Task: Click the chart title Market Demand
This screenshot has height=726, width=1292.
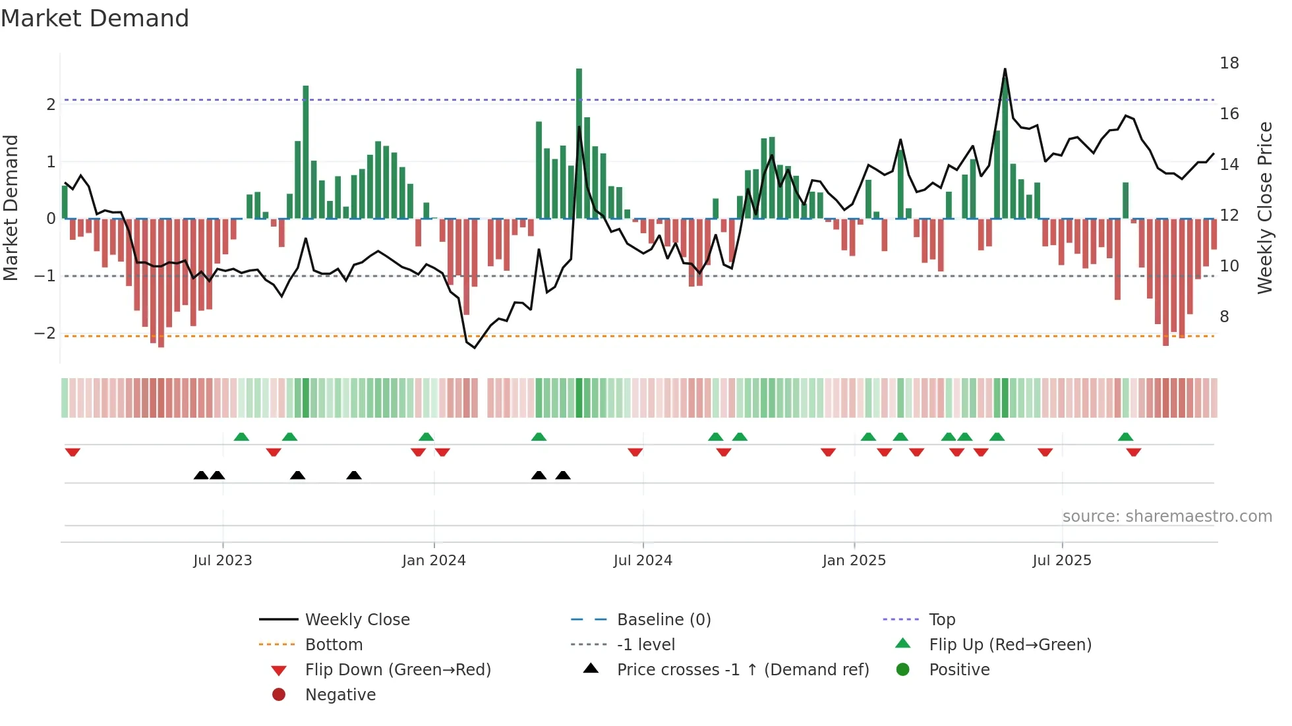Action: (95, 18)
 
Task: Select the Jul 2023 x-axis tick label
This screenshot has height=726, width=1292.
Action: (222, 560)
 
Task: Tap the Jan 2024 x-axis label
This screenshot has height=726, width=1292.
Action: (433, 560)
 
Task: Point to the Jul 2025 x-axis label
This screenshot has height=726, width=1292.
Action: (1061, 560)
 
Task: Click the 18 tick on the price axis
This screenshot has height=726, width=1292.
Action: (1229, 63)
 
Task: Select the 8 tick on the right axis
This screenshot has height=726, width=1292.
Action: (1224, 317)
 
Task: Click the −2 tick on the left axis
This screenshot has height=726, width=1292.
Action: (45, 333)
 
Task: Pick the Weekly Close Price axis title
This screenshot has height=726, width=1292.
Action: (1264, 208)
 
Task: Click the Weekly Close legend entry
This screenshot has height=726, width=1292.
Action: (357, 619)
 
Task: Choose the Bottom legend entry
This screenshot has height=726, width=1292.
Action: (334, 644)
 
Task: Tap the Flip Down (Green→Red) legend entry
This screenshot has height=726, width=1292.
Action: (397, 669)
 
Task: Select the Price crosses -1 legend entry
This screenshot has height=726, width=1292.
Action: (742, 669)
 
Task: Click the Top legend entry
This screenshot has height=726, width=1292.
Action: (941, 619)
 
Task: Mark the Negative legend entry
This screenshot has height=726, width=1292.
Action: (340, 694)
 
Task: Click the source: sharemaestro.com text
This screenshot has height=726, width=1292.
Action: (1167, 516)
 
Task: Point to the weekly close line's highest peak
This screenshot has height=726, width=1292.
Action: (1005, 69)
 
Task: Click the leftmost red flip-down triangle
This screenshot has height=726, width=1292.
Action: (73, 452)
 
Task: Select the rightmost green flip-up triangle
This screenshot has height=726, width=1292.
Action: (1125, 437)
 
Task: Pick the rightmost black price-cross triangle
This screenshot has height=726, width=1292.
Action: (562, 475)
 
